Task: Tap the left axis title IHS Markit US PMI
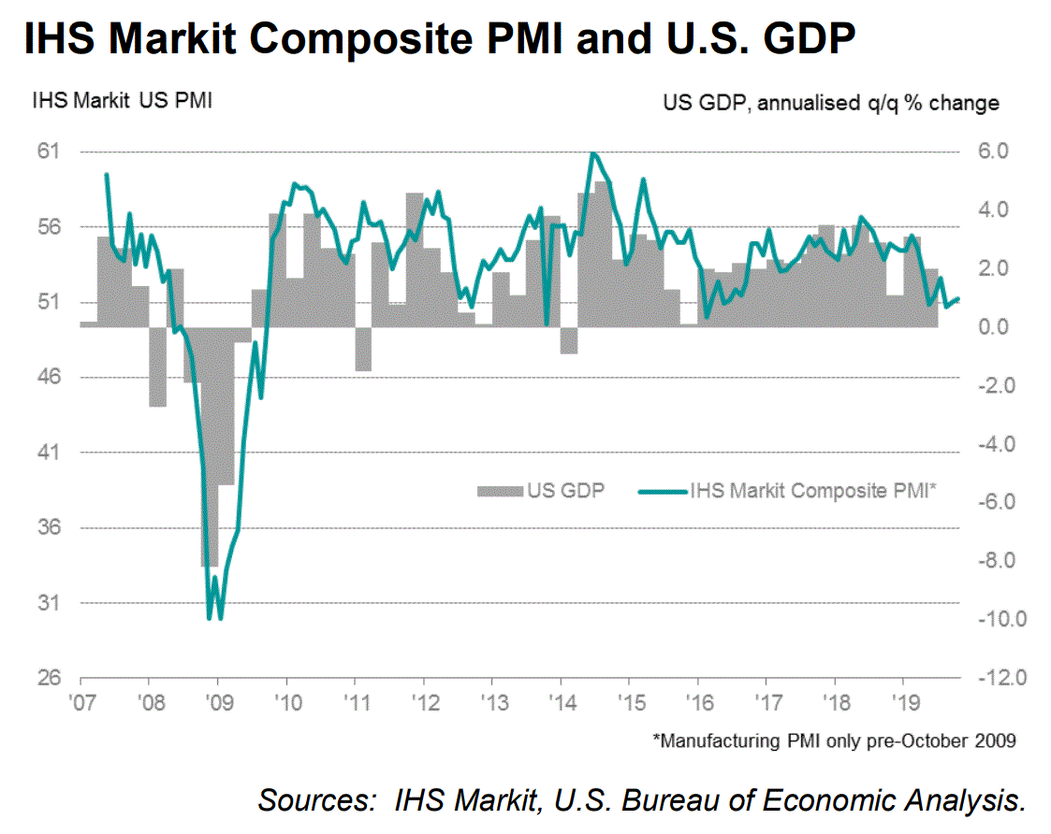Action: click(122, 101)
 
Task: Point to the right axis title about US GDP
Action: click(830, 102)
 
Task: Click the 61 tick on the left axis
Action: click(47, 151)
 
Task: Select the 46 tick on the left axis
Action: click(47, 378)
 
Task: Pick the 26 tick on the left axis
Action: click(47, 679)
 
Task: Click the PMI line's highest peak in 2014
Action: click(592, 153)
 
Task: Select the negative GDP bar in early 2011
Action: click(363, 348)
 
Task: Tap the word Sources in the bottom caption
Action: click(313, 800)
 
